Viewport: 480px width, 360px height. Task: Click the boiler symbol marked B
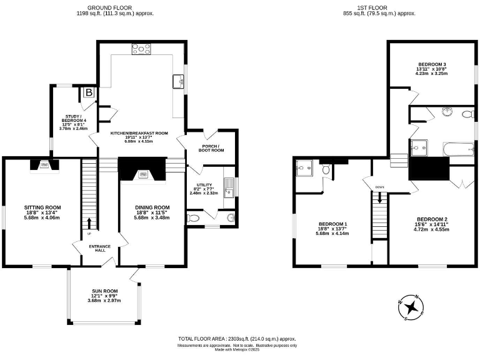[x=89, y=93]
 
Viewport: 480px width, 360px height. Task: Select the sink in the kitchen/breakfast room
[x=177, y=81]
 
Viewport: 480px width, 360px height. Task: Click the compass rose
[x=412, y=306]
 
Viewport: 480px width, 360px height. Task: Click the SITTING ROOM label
[x=42, y=207]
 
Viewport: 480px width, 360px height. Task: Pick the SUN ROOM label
[x=102, y=291]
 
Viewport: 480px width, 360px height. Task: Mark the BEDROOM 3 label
[x=432, y=64]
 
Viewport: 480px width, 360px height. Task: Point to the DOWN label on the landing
[x=379, y=187]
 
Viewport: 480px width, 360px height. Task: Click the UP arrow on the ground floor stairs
[x=89, y=222]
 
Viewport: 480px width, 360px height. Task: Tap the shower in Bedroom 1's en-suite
[x=306, y=167]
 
